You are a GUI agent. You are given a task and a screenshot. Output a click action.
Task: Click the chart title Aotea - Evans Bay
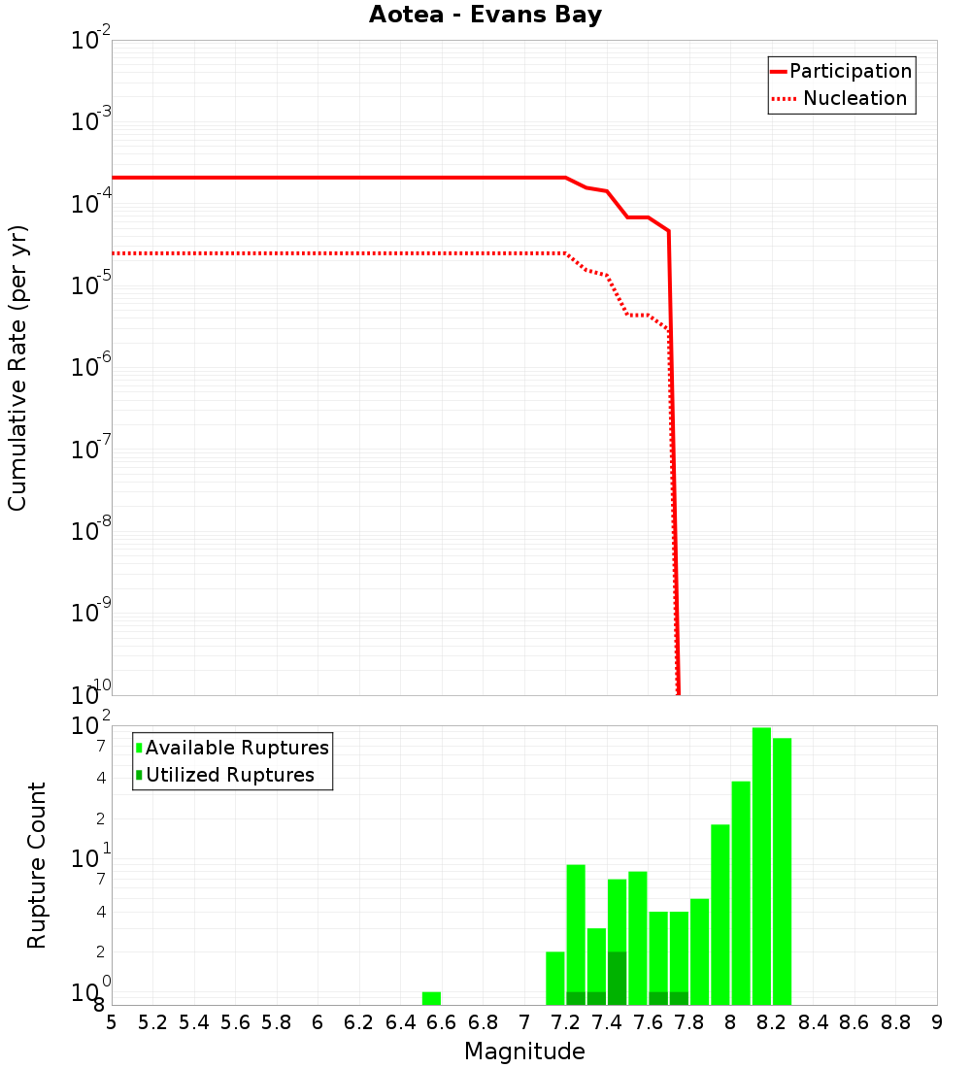point(485,15)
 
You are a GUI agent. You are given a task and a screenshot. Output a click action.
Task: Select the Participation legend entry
point(850,71)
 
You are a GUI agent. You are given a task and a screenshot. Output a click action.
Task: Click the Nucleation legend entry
point(854,98)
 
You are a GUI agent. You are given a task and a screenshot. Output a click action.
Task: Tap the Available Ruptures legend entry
point(237,748)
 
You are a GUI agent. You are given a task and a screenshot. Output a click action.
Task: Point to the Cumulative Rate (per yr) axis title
point(17,367)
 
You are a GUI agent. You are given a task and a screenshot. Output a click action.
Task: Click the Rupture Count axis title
point(37,865)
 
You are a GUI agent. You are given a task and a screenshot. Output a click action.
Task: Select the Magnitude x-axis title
point(524,1051)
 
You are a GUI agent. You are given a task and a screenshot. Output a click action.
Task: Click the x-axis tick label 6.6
point(442,1023)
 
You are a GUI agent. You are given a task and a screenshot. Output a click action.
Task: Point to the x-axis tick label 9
point(937,1023)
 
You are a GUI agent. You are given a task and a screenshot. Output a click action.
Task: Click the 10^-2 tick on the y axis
point(92,42)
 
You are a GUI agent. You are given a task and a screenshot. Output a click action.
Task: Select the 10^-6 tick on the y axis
point(92,368)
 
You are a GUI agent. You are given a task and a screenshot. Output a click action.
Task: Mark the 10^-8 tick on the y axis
point(92,531)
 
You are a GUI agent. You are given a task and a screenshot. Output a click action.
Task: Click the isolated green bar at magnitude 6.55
point(431,998)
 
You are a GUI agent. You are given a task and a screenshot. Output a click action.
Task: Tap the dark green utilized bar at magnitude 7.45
point(617,979)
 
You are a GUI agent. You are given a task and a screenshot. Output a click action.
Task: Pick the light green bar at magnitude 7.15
point(555,979)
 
